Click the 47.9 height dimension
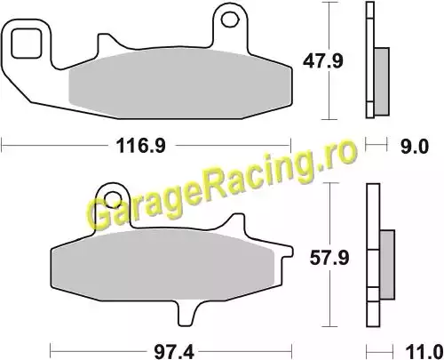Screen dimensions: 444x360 (x=323, y=61)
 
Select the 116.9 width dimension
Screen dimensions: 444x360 (x=141, y=146)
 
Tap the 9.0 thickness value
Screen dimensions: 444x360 (x=415, y=146)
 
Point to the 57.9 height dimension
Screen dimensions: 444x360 (x=329, y=258)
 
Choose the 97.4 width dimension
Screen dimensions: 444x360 (x=174, y=353)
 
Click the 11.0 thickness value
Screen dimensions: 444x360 (x=424, y=353)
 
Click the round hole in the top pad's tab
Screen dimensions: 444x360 (x=230, y=20)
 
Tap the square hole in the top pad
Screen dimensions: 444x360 (x=26, y=44)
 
